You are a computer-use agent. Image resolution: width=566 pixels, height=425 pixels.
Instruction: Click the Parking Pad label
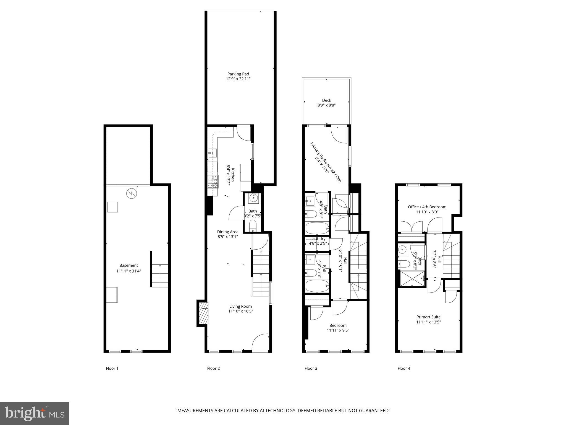pyautogui.click(x=238, y=74)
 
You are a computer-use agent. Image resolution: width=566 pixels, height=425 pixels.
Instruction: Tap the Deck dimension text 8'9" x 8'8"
pyautogui.click(x=326, y=105)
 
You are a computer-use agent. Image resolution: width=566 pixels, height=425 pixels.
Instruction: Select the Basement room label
pyautogui.click(x=129, y=265)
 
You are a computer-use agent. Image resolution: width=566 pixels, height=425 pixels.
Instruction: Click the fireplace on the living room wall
pyautogui.click(x=204, y=313)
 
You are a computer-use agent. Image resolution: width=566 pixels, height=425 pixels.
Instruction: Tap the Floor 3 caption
pyautogui.click(x=311, y=368)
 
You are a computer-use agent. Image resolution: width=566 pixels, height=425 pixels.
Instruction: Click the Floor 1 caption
pyautogui.click(x=112, y=368)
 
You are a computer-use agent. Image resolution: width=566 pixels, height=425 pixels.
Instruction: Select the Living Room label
pyautogui.click(x=240, y=306)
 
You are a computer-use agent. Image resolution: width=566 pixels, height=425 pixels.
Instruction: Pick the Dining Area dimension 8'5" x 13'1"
pyautogui.click(x=227, y=237)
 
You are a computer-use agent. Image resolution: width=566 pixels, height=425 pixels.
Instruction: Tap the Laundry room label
pyautogui.click(x=318, y=239)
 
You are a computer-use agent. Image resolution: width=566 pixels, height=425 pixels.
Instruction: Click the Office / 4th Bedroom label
pyautogui.click(x=427, y=207)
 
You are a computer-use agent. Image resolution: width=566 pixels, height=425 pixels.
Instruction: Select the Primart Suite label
pyautogui.click(x=428, y=317)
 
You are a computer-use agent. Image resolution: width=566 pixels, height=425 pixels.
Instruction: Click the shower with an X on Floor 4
pyautogui.click(x=411, y=279)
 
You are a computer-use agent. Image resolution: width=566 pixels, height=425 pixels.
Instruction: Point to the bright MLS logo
pyautogui.click(x=35, y=414)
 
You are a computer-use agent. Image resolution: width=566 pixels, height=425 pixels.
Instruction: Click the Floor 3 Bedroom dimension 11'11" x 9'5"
pyautogui.click(x=338, y=330)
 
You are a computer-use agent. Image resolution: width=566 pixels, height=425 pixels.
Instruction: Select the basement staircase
pyautogui.click(x=160, y=276)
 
